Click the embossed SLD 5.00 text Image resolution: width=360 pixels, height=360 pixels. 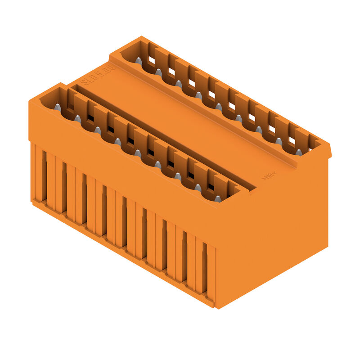[x=98, y=75]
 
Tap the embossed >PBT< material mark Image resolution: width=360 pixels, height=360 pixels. [x=270, y=175]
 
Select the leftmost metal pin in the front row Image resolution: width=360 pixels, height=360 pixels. [x=58, y=107]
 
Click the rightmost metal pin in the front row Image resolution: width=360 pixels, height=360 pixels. [x=218, y=198]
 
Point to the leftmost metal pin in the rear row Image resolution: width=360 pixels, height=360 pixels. [x=139, y=61]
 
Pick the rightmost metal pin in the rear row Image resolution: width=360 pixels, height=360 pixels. [x=299, y=153]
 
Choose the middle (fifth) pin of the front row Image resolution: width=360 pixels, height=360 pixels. [x=138, y=153]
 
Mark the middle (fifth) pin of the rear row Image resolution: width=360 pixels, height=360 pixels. [x=219, y=107]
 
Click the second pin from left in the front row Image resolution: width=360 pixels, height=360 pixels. [x=77, y=119]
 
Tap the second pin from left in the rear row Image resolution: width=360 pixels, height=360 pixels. [x=158, y=72]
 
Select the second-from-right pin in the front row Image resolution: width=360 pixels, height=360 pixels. [x=198, y=188]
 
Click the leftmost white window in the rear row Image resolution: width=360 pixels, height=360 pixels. [x=152, y=60]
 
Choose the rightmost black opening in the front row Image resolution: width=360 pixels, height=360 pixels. [x=211, y=186]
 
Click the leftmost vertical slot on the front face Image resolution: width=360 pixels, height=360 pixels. [x=44, y=175]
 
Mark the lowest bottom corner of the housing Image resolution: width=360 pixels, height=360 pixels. [x=215, y=308]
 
